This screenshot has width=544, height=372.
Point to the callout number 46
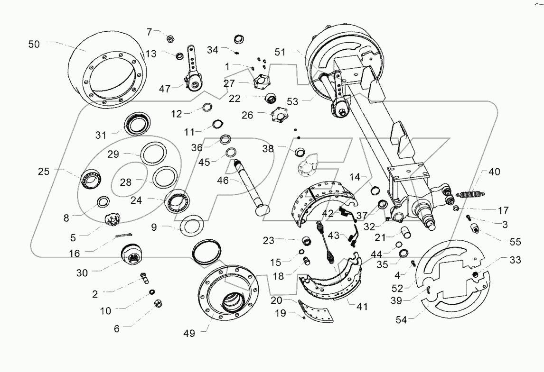click(222, 181)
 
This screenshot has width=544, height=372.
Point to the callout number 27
click(230, 84)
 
